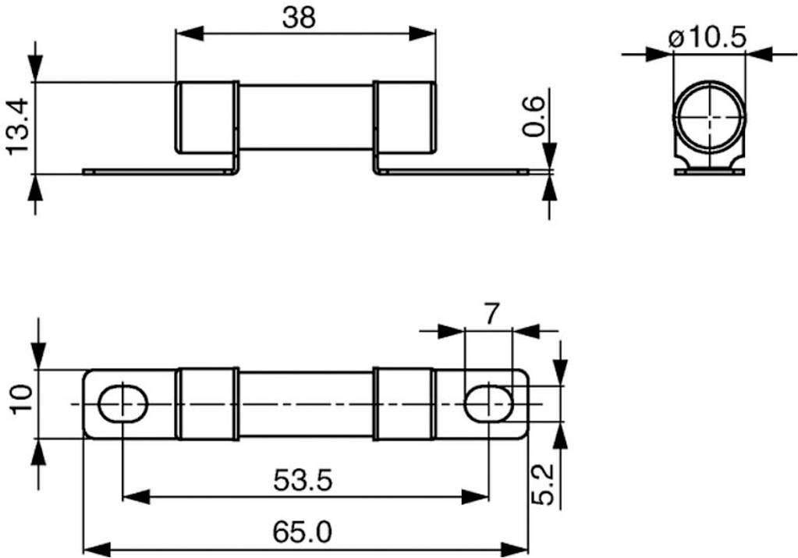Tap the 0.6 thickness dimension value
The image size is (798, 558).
(x=534, y=116)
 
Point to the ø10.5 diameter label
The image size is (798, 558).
(x=708, y=36)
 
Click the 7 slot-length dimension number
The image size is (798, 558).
(x=490, y=314)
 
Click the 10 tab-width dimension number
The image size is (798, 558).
(x=20, y=398)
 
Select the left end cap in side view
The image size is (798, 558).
(x=207, y=117)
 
